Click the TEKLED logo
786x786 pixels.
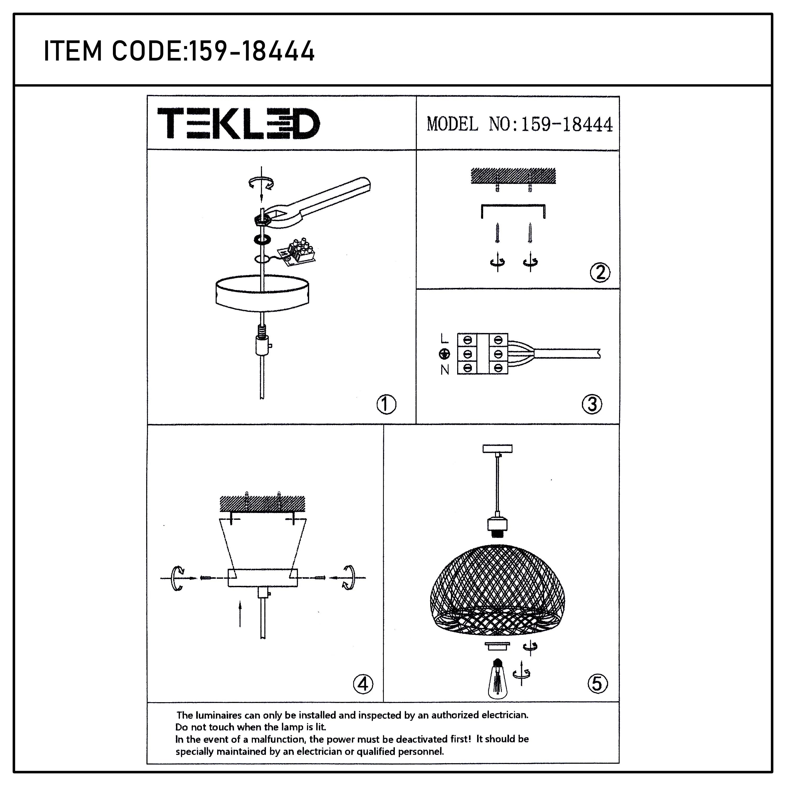tap(238, 123)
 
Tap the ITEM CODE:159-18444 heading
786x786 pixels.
tap(179, 51)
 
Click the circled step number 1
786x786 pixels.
tap(386, 404)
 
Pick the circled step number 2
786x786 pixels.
tap(600, 272)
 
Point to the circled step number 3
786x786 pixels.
tap(592, 404)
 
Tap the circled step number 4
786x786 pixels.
tap(363, 684)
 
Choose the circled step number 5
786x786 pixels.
tap(597, 684)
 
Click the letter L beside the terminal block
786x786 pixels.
tap(444, 339)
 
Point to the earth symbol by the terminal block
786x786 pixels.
tap(445, 354)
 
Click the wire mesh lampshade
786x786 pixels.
tap(497, 590)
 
